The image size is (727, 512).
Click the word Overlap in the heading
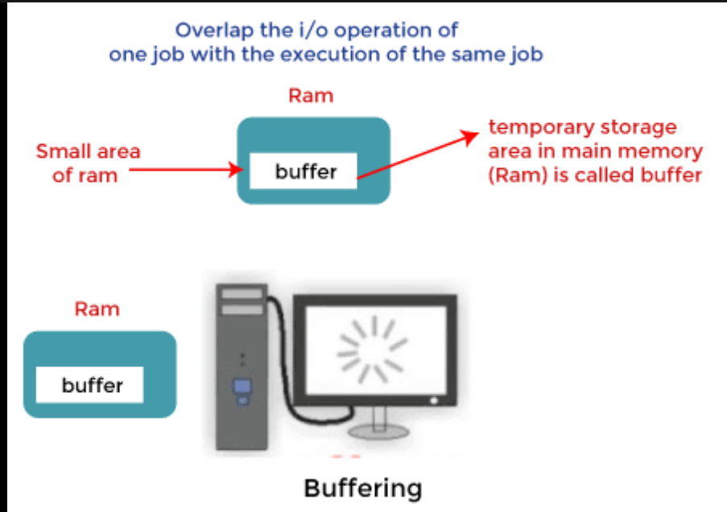coord(215,31)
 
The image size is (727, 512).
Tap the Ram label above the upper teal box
coord(311,96)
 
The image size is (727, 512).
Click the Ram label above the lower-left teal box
coord(97,309)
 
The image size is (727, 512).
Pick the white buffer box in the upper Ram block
coord(304,171)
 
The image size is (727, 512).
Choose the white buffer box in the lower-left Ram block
coord(89,385)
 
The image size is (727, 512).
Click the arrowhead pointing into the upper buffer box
coord(237,170)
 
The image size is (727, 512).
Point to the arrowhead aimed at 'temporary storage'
coord(470,137)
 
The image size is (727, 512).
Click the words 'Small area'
coord(88,151)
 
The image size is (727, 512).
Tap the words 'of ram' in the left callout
coord(85,175)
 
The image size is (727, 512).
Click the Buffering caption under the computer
coord(363,489)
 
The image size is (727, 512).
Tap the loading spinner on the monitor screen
coord(373,349)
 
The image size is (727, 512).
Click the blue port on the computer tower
coord(242,390)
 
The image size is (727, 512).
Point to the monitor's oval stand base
coord(379,432)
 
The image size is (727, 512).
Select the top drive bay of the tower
coord(242,294)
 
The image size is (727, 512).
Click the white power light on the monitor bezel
coord(434,400)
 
